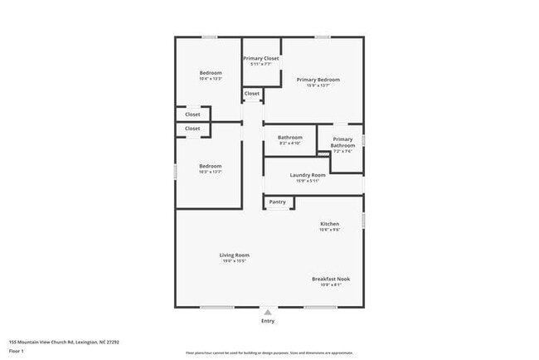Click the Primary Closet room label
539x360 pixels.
(260, 58)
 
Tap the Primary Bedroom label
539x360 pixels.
(318, 80)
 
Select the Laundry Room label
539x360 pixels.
(307, 175)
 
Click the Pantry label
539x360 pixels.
(277, 202)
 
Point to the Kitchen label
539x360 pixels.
(330, 224)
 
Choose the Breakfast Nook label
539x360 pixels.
(330, 279)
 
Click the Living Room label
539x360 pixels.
(234, 255)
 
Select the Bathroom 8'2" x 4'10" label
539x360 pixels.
(289, 137)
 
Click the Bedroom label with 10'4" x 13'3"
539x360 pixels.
(211, 73)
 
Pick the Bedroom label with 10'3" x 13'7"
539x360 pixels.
(211, 166)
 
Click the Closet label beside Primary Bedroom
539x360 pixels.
(252, 94)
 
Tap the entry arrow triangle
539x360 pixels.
(267, 312)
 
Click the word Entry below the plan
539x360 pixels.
(267, 321)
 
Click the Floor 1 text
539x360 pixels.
(16, 351)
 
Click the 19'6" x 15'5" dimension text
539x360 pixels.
(234, 261)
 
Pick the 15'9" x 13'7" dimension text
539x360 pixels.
(318, 85)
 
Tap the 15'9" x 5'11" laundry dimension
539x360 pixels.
(307, 181)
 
